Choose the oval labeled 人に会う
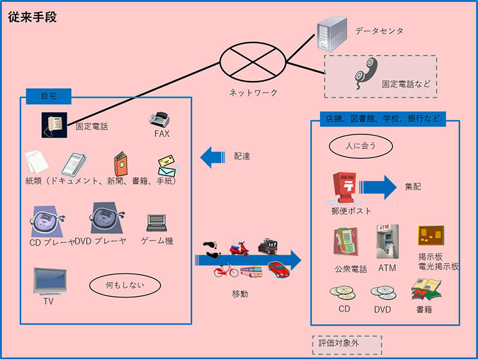pyautogui.click(x=362, y=146)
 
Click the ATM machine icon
pyautogui.click(x=387, y=241)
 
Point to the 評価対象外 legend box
pyautogui.click(x=347, y=344)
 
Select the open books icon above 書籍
pyautogui.click(x=425, y=290)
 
